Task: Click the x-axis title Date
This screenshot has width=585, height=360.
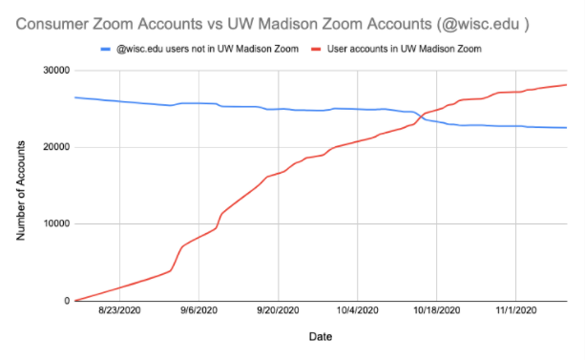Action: [320, 337]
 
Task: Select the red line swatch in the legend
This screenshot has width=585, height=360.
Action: [314, 47]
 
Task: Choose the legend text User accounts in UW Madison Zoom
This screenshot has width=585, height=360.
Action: [410, 47]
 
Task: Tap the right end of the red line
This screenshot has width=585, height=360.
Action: [566, 85]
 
